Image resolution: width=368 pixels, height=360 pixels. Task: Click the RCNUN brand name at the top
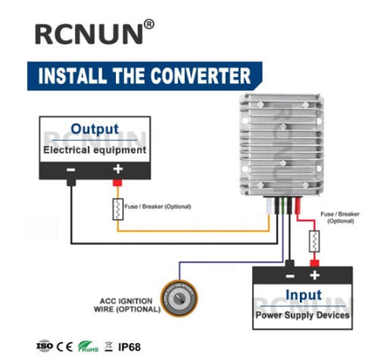pos(88,34)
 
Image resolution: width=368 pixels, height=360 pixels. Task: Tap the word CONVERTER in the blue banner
pos(197,76)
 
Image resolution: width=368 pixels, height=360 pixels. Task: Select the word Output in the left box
pos(95,128)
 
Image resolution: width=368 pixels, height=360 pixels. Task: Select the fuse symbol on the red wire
pos(312,240)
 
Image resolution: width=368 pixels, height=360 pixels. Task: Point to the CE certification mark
pos(64,344)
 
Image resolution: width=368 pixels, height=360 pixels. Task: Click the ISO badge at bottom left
pos(43,344)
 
